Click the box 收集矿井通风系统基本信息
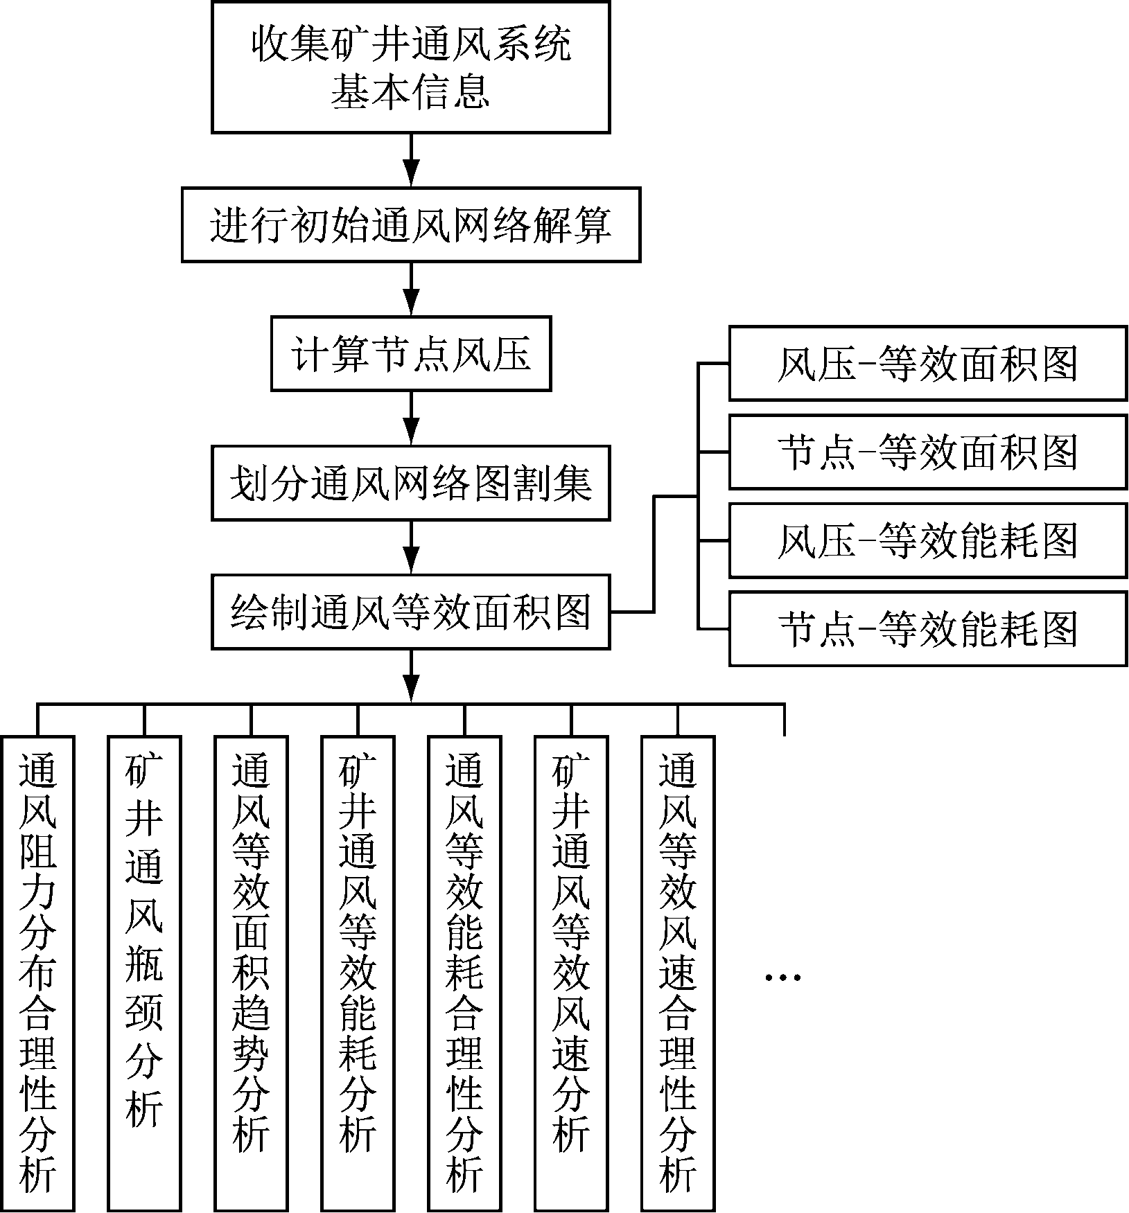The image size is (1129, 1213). tap(410, 67)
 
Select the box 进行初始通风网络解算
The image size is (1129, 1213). tap(410, 224)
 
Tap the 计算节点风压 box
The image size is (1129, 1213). tap(410, 354)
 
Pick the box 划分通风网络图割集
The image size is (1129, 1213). tap(410, 483)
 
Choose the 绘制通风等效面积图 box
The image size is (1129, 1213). tap(410, 612)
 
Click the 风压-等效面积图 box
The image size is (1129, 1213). tap(927, 364)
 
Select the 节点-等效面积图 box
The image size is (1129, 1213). tap(927, 452)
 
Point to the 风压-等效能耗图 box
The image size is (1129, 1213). tap(927, 540)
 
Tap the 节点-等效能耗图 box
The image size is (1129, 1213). tap(927, 629)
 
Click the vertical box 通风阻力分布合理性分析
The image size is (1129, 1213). tap(37, 973)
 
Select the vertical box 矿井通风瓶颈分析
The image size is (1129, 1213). tap(144, 973)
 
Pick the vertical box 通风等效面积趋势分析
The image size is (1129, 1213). tap(251, 973)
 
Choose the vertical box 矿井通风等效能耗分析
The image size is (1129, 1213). tap(358, 973)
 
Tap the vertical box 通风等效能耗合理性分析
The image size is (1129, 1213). tap(464, 973)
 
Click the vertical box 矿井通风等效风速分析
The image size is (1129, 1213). tap(571, 973)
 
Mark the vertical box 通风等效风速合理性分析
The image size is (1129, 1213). tap(678, 973)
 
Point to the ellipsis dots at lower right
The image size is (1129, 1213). tap(783, 977)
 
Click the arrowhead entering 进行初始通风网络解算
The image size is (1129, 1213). tap(411, 175)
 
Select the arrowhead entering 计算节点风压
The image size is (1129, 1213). tap(411, 304)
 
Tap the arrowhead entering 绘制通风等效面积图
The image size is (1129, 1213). tap(411, 562)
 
